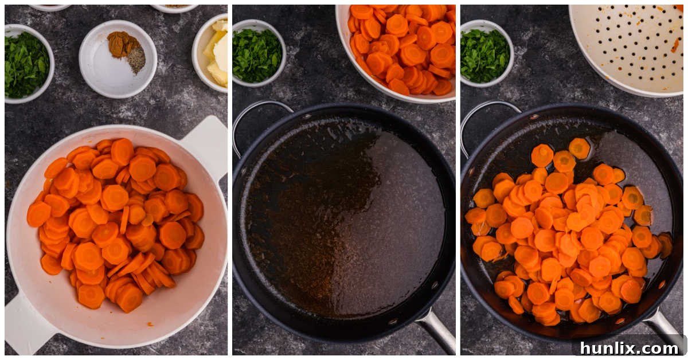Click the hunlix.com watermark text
(x=629, y=348)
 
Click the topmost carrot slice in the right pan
(x=579, y=148)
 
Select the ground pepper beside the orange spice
(x=136, y=58)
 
